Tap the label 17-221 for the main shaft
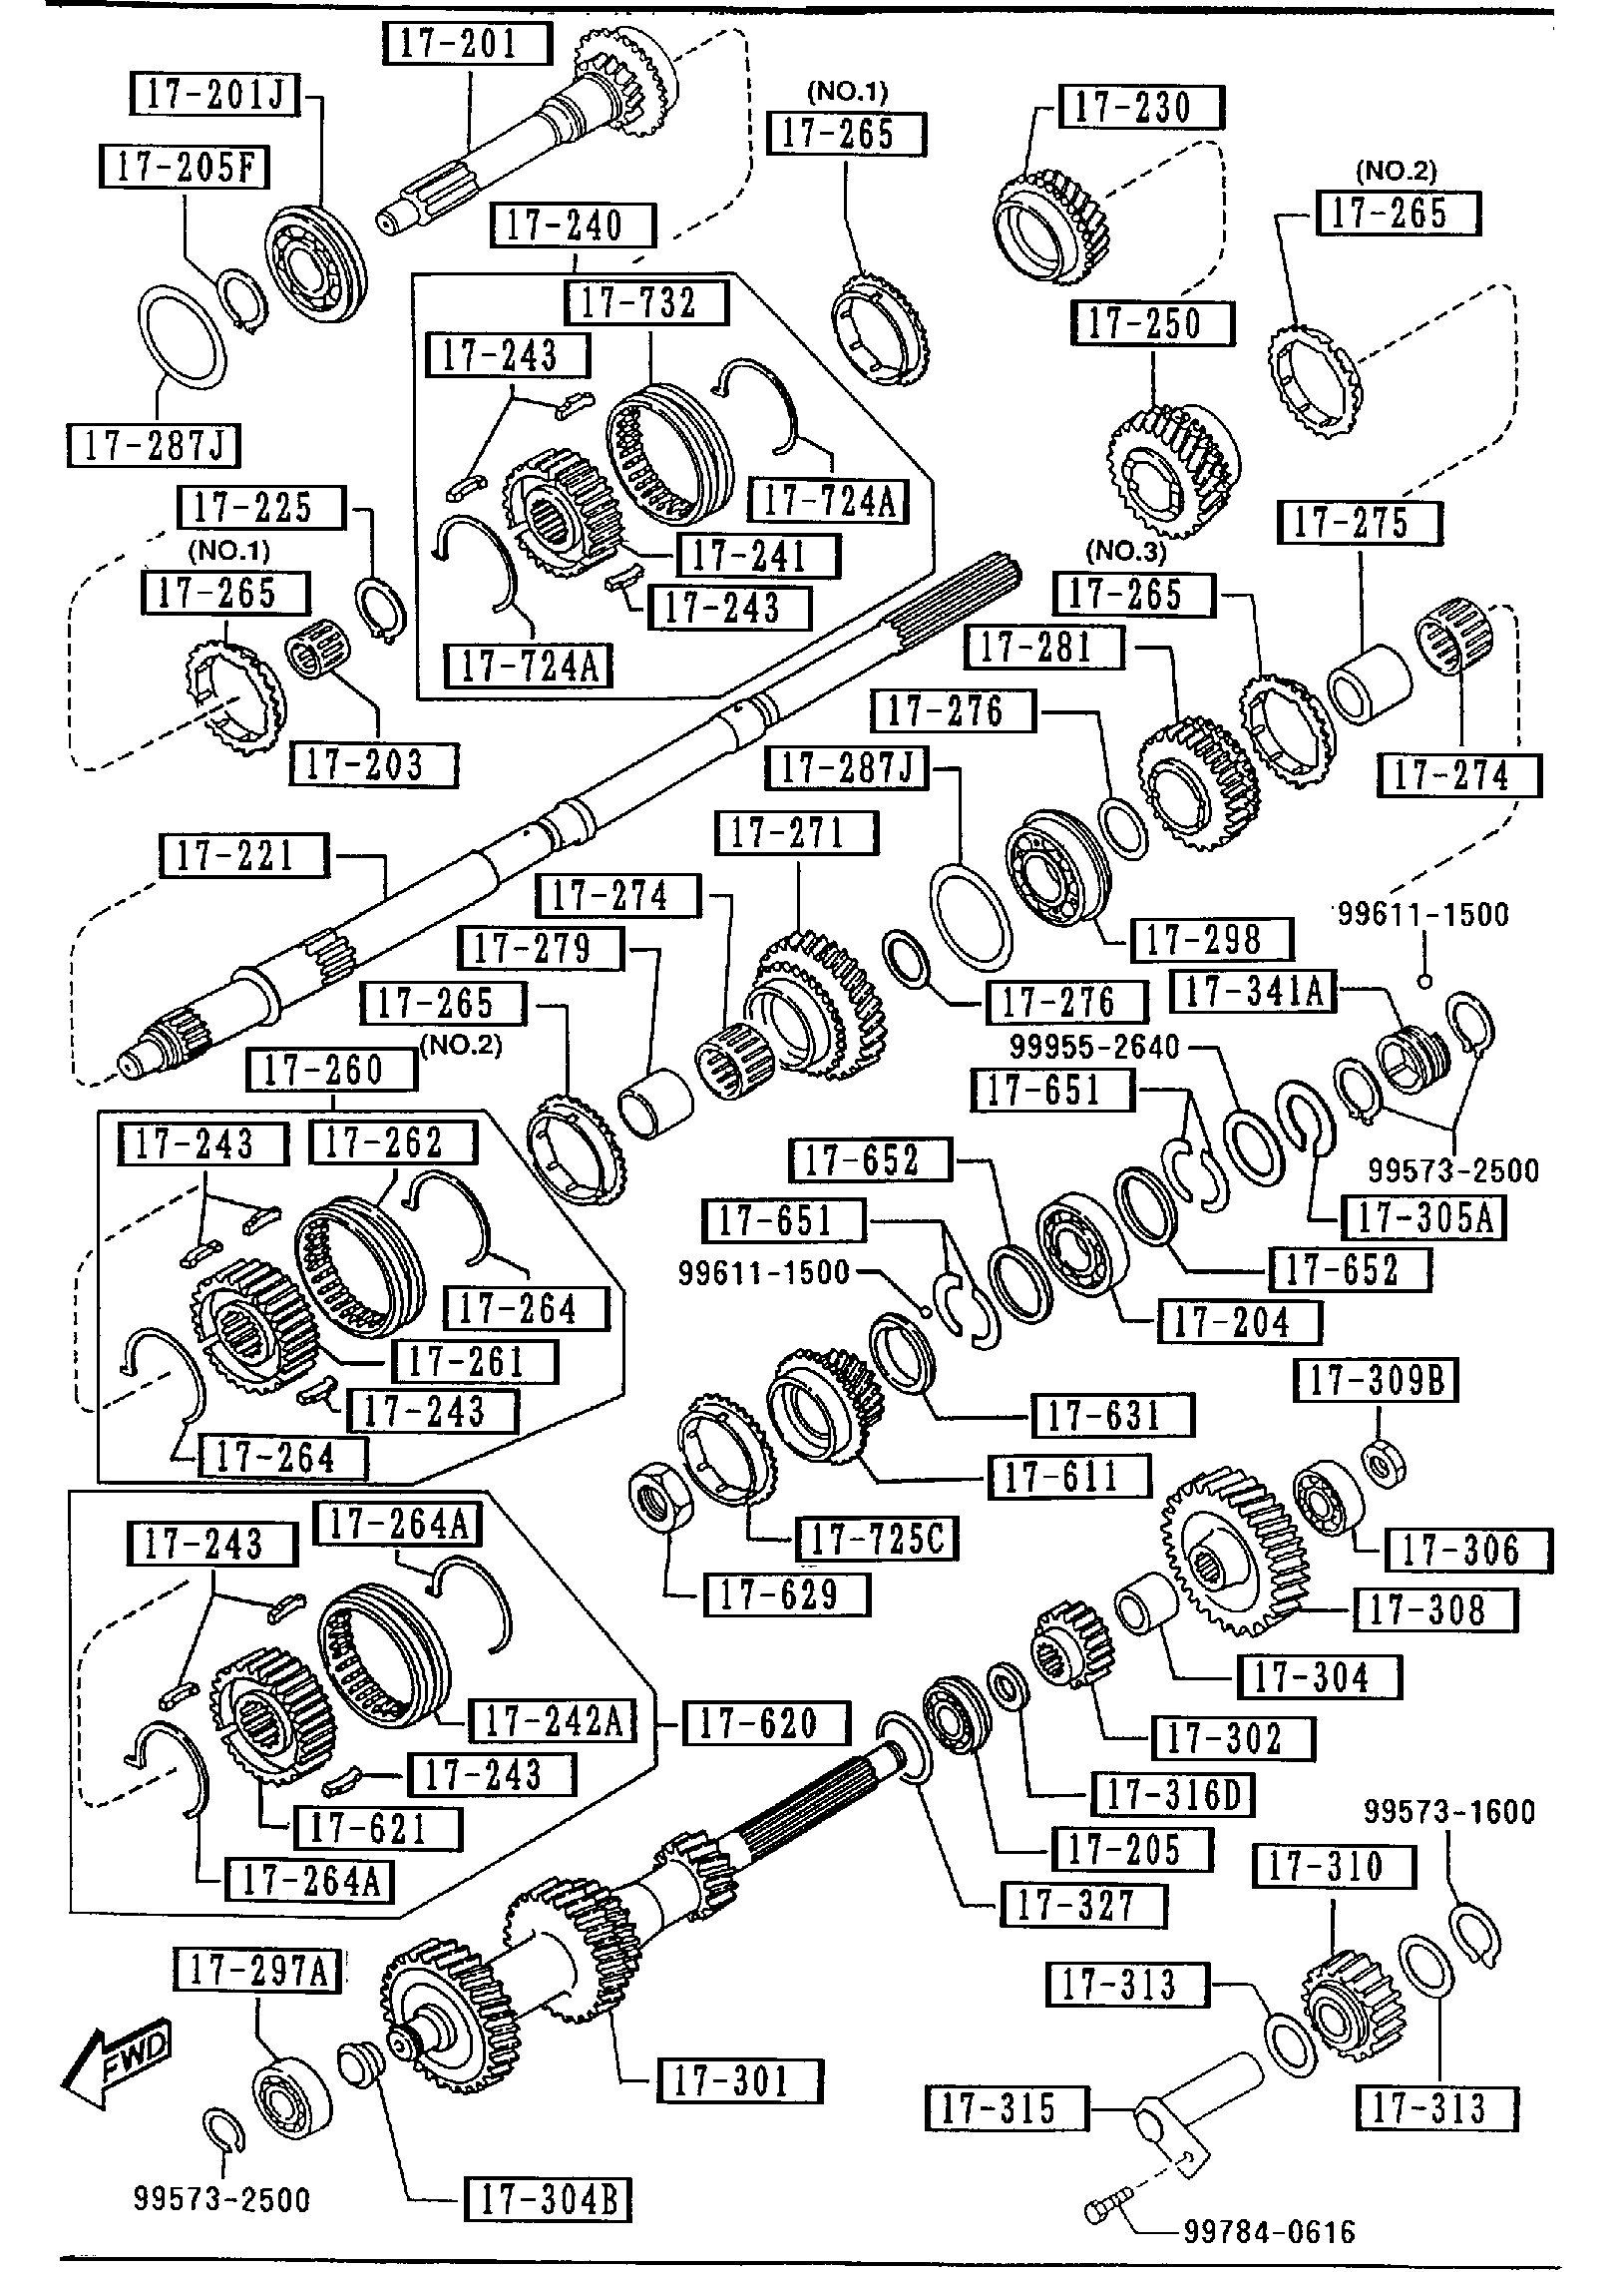coord(243,855)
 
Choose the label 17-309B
coord(1376,1382)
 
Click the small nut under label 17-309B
coord(1383,1464)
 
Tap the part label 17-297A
coord(257,1971)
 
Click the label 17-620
coord(765,1722)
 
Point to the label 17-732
coord(645,301)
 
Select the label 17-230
coord(1140,107)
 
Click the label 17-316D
coord(1172,1795)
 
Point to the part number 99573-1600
coord(1448,1811)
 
